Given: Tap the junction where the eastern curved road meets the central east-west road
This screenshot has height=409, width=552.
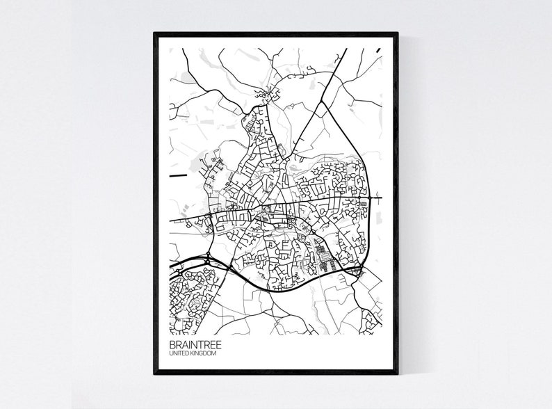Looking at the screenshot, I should coord(372,198).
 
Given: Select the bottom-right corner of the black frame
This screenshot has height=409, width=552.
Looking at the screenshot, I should coord(397,373).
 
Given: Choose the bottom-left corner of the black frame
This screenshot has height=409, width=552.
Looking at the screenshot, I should coord(155,373).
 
